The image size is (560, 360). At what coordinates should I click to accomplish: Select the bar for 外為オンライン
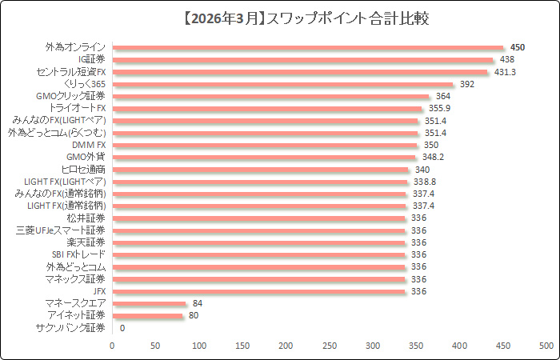308,47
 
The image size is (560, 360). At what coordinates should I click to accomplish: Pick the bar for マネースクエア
149,303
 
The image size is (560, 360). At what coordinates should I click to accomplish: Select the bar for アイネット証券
147,315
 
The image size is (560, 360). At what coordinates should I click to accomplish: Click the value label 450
518,47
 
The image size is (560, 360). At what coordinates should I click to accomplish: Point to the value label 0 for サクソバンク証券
122,328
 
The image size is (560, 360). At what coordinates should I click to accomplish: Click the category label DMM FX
89,145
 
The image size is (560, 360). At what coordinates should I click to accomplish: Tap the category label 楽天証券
86,242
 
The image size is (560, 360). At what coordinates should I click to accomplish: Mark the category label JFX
99,291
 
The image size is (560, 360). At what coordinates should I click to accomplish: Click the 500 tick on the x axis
546,345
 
